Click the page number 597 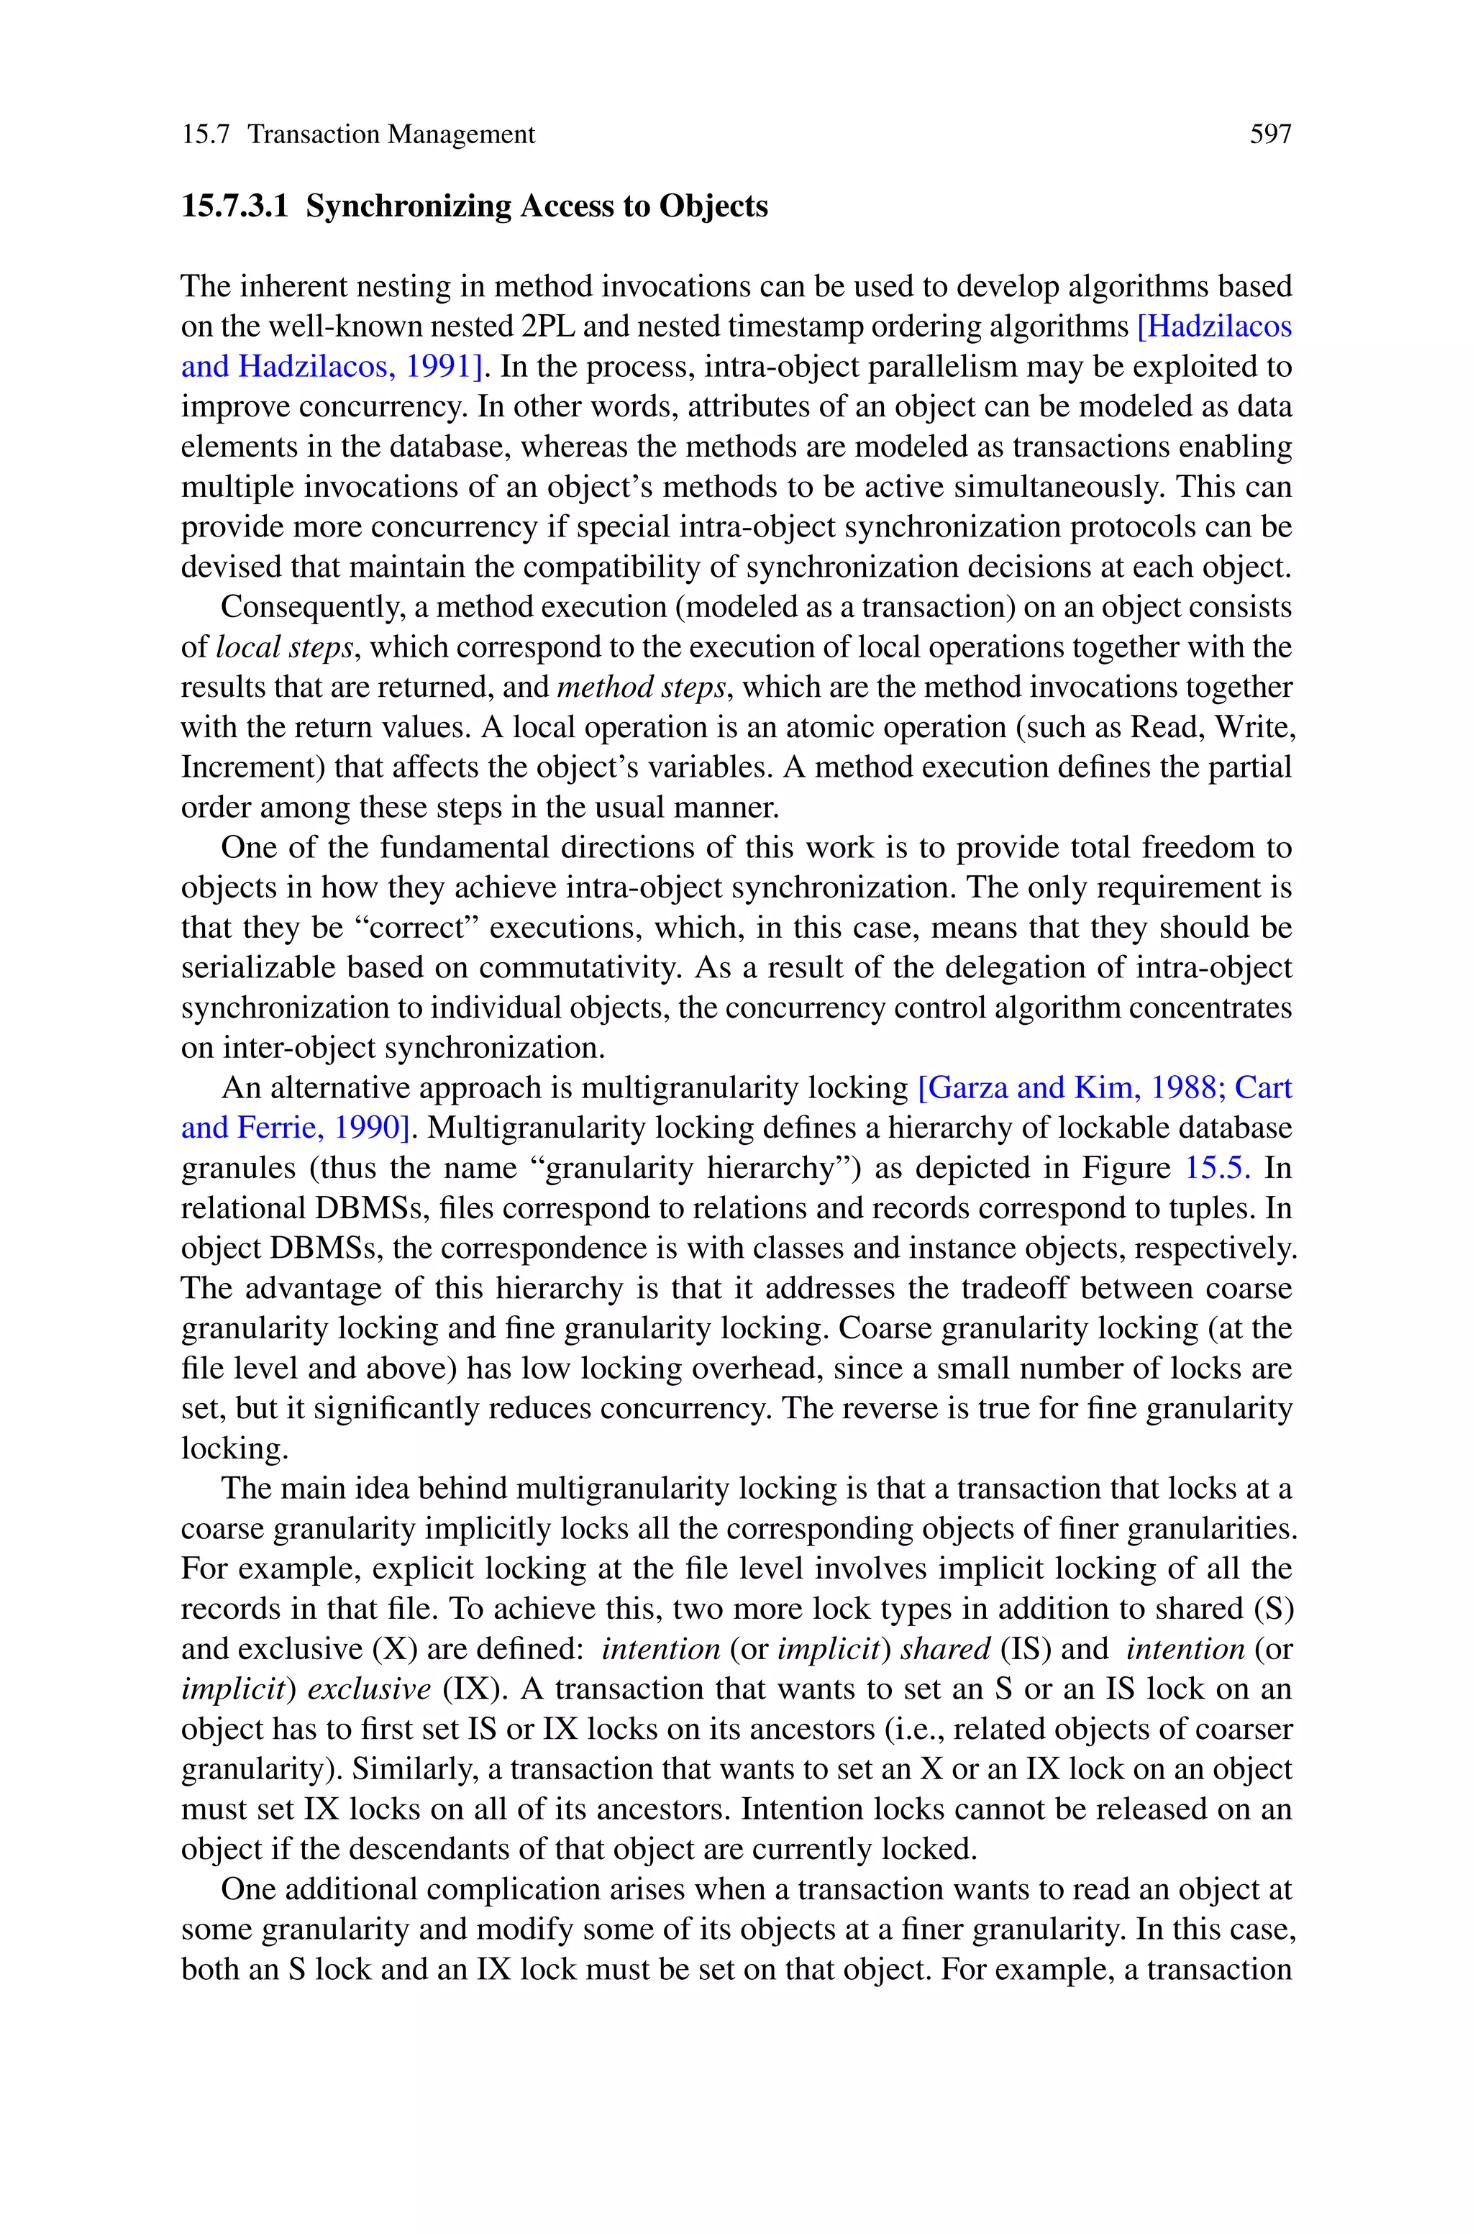pos(1270,134)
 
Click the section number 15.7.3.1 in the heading pos(234,206)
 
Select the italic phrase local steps pos(283,647)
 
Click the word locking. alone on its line pos(234,1449)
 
